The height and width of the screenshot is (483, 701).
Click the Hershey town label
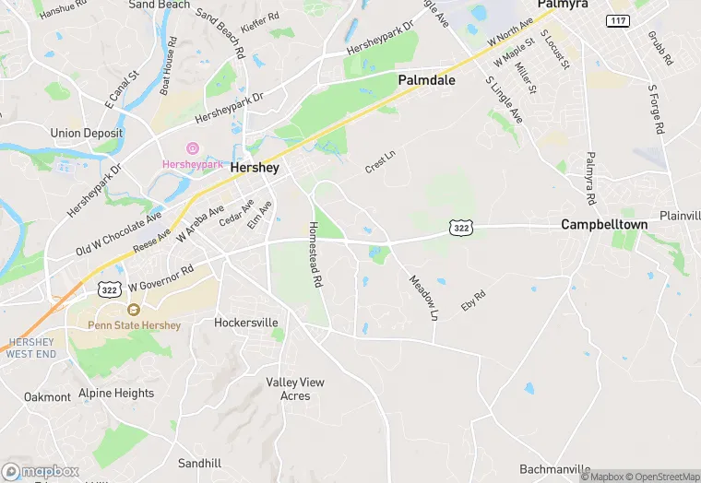pos(254,168)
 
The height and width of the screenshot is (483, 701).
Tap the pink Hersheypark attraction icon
pos(193,148)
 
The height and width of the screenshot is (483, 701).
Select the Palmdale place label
pos(427,80)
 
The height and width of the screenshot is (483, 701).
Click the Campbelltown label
pos(600,224)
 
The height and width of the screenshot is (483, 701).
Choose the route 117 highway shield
pos(618,20)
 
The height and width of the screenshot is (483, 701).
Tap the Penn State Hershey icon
pos(134,311)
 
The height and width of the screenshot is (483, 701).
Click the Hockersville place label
pos(245,323)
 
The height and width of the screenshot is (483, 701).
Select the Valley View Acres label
pos(295,388)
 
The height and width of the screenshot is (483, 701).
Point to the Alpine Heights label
pos(116,393)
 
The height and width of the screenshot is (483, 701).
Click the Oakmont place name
pos(47,397)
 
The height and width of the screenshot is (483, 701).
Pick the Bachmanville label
pos(555,468)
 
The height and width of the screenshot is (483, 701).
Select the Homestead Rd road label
pos(315,254)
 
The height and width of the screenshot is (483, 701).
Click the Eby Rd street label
pos(473,300)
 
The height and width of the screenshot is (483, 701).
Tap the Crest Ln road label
pos(379,161)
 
